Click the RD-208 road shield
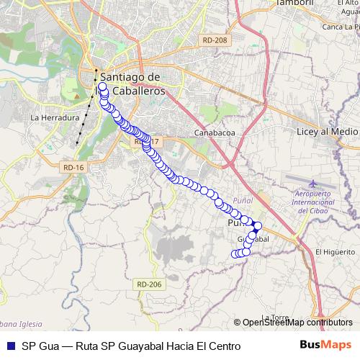tap(215, 40)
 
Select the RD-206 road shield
tap(149, 284)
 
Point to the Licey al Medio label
tap(328, 132)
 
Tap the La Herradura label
tap(54, 117)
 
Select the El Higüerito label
tap(334, 251)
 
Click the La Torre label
tap(276, 317)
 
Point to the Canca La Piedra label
tap(341, 27)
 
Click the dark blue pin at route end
tap(257, 226)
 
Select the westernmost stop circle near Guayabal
tap(233, 253)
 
